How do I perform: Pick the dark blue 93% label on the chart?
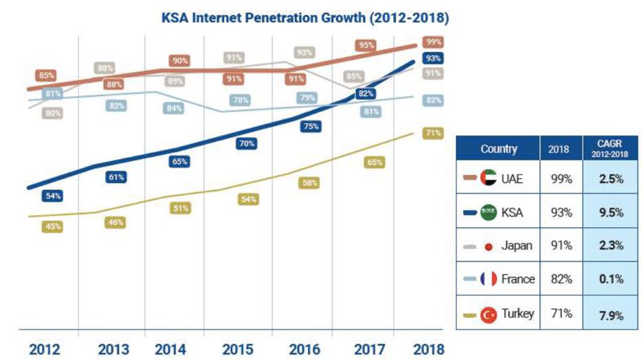(432, 58)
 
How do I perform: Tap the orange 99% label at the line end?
(432, 41)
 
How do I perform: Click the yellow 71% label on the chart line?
(432, 133)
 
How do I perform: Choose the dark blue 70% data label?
(247, 144)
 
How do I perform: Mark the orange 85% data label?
(47, 75)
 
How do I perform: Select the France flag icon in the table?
(488, 279)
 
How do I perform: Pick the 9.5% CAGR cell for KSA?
(607, 212)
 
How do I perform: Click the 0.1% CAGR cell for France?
(607, 279)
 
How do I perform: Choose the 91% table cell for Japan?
(562, 245)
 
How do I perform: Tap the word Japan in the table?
(516, 245)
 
